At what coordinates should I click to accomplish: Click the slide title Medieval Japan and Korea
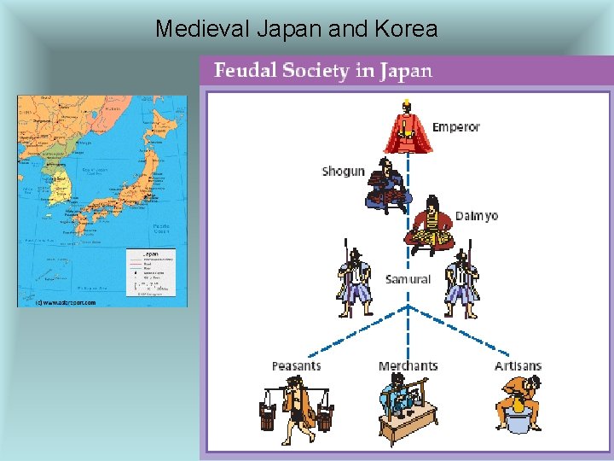coord(296,29)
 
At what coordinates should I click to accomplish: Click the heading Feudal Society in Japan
coord(323,70)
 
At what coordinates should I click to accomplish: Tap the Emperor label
coord(456,127)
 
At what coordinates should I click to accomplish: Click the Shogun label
coord(343,171)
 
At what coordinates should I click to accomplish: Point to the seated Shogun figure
coord(388,185)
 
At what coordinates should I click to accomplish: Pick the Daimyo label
coord(476,216)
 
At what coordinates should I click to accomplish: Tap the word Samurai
coord(408,279)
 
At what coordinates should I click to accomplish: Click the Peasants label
coord(296,366)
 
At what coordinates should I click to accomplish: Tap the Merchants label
coord(408,366)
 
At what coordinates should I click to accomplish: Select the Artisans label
coord(518,366)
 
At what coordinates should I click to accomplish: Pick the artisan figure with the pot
coord(518,406)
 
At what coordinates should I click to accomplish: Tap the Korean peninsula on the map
coord(57,184)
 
